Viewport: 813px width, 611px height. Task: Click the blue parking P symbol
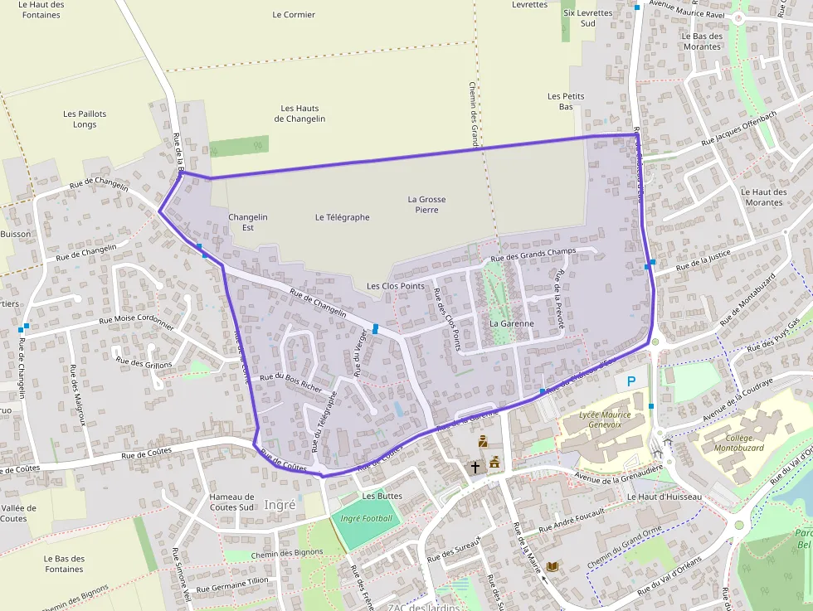631,381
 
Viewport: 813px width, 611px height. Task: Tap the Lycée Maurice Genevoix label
604,419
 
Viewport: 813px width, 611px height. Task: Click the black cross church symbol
476,467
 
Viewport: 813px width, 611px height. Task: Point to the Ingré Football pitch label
367,518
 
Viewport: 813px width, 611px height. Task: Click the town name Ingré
280,504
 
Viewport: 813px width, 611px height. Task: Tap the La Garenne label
510,323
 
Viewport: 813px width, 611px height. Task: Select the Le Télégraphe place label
342,217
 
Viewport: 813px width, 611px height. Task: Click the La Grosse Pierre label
427,205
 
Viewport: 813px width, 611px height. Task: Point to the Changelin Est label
247,222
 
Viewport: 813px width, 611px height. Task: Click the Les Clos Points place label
396,286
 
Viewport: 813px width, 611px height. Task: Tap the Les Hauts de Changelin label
299,114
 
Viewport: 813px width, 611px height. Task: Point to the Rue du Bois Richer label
290,381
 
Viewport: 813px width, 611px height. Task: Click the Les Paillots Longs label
85,119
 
